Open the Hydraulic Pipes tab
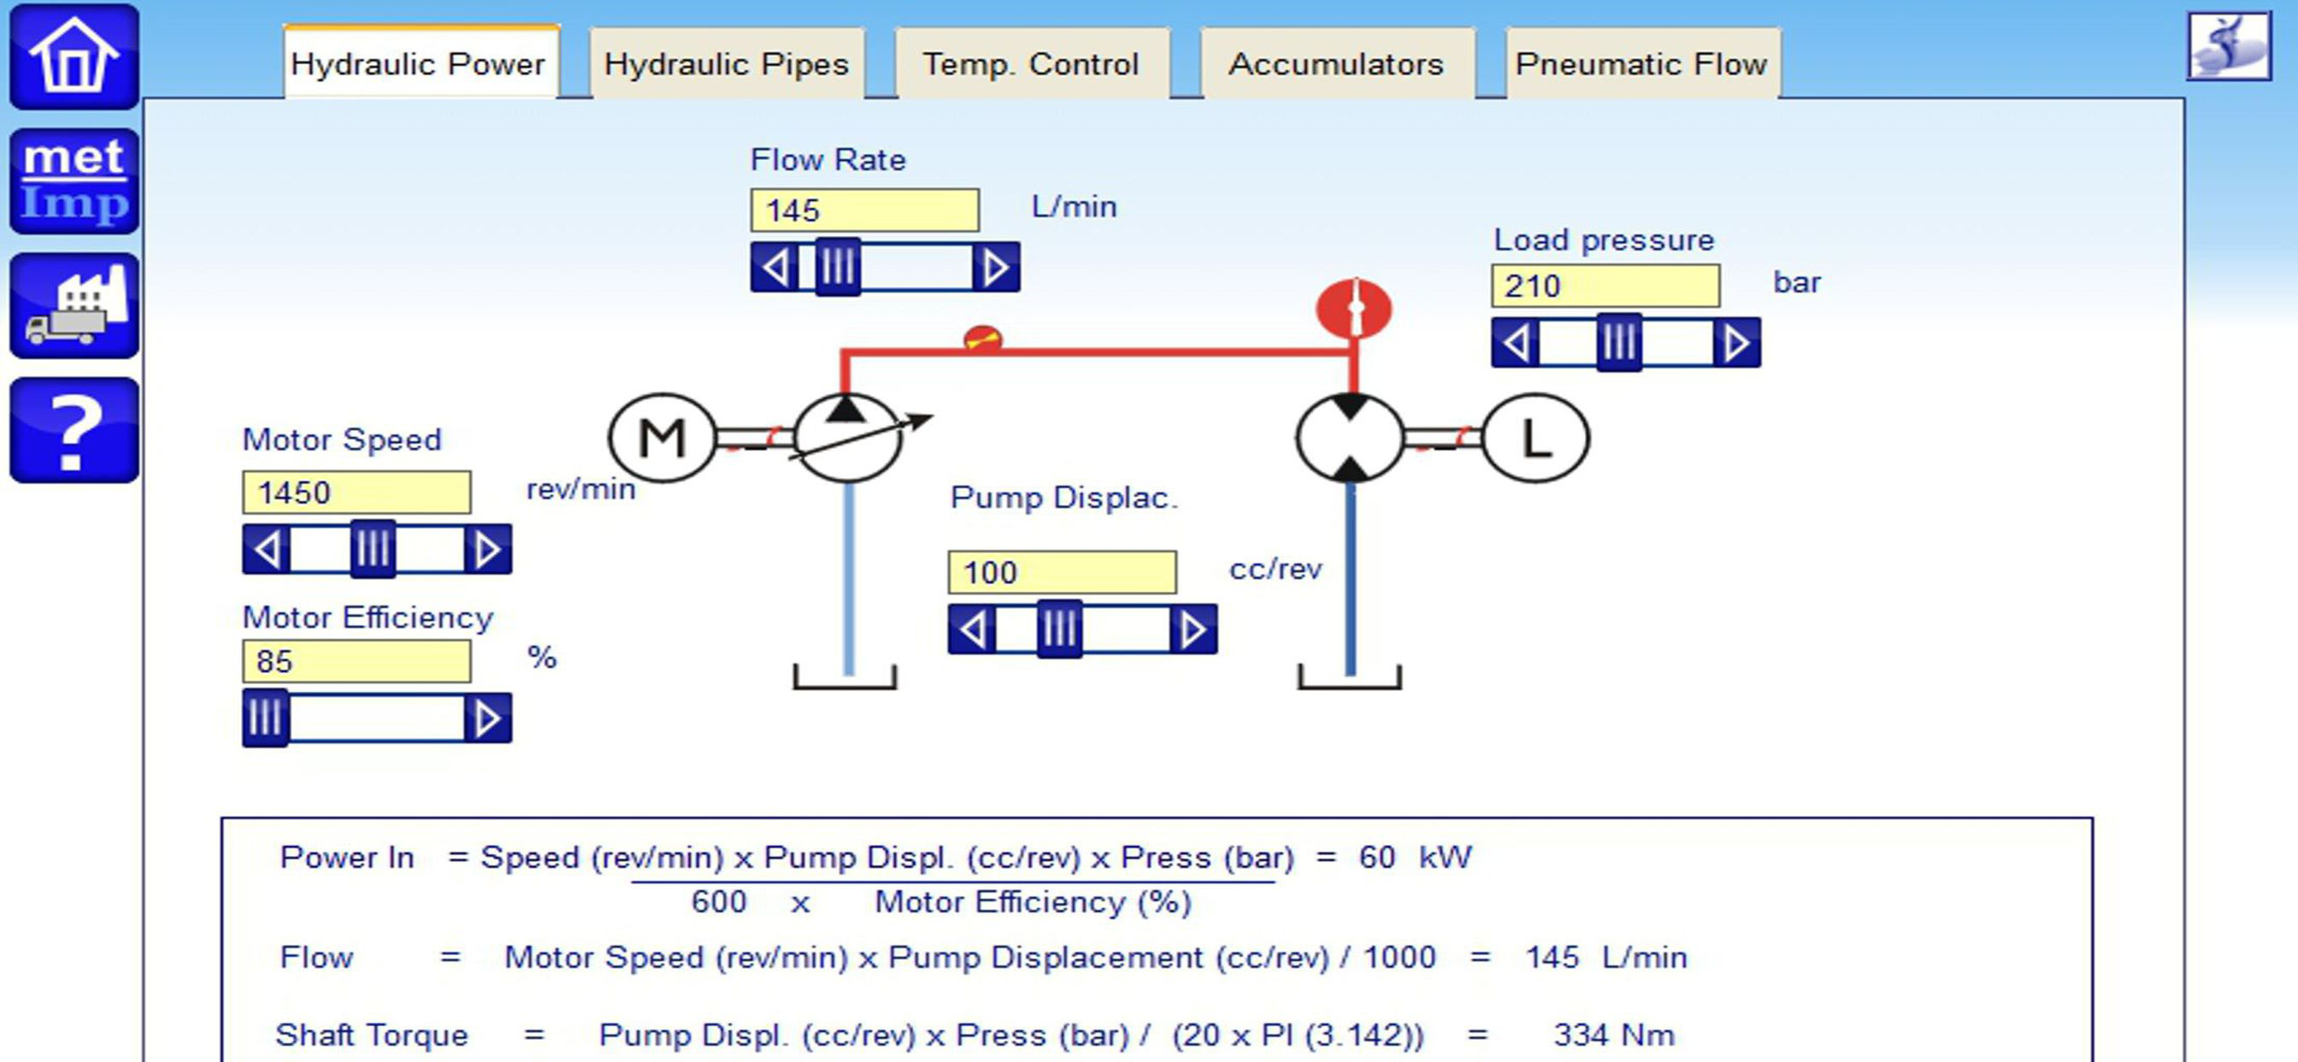pos(726,63)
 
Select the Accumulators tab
pos(1336,63)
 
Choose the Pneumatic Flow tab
pos(1641,63)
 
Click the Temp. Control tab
pos(1031,63)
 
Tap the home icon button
pos(74,56)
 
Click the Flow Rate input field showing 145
pos(864,210)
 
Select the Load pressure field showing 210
pos(1606,286)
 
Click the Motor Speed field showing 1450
pos(356,492)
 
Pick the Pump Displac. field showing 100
pos(1062,572)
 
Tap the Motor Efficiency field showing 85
pos(356,661)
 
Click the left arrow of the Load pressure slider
pos(1516,343)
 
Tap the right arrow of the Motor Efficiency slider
pos(487,718)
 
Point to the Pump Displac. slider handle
pos(1060,629)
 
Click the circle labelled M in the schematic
pos(662,438)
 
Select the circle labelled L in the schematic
pos(1535,438)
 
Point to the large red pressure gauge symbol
pos(1353,309)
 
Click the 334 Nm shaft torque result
pos(1614,1035)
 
